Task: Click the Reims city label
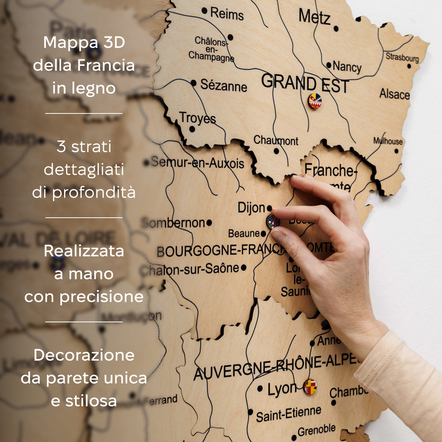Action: pyautogui.click(x=227, y=14)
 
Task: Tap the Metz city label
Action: pyautogui.click(x=314, y=17)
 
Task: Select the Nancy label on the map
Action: pyautogui.click(x=347, y=67)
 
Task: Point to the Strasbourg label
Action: pyautogui.click(x=402, y=57)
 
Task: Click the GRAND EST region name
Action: pyautogui.click(x=305, y=84)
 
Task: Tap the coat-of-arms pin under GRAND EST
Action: pyautogui.click(x=315, y=101)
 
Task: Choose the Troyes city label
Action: pyautogui.click(x=198, y=118)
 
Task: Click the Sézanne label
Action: pyautogui.click(x=224, y=86)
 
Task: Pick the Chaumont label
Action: pyautogui.click(x=276, y=140)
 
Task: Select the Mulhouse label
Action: pyautogui.click(x=388, y=141)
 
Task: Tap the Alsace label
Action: pyautogui.click(x=394, y=94)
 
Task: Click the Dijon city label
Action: pyautogui.click(x=251, y=208)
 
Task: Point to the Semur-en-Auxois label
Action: pyautogui.click(x=197, y=162)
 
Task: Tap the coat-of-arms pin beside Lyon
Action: pyautogui.click(x=310, y=387)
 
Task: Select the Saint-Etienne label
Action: pyautogui.click(x=288, y=414)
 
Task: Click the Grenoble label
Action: pyautogui.click(x=316, y=430)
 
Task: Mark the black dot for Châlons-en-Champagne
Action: pyautogui.click(x=230, y=37)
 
